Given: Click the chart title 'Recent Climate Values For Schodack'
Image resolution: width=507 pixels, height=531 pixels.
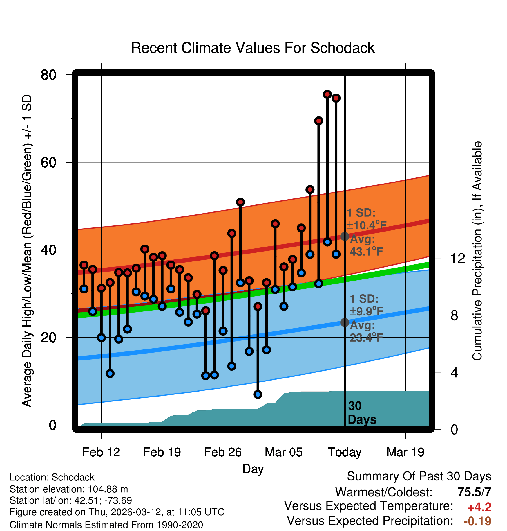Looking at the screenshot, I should point(253,48).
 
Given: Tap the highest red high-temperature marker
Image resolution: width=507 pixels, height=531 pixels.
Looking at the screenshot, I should point(327,94).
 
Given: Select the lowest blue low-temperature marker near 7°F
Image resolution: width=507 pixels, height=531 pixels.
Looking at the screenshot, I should point(258,394).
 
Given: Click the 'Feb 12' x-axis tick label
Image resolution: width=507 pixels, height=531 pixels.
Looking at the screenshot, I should point(101,452).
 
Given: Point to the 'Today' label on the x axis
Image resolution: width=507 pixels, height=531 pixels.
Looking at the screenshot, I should point(345,452).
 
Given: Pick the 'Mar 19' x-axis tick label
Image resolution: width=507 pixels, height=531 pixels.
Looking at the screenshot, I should point(405,452).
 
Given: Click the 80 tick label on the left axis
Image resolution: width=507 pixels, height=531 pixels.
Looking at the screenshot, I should point(48,75).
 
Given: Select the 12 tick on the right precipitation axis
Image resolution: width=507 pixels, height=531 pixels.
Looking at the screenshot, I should point(458,258).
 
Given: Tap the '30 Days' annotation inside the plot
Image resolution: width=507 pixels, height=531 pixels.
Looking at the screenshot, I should point(362,413).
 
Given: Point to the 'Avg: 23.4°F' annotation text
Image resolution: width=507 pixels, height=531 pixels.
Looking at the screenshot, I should point(366,331).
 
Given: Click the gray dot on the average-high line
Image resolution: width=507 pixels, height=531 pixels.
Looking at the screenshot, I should point(345,236).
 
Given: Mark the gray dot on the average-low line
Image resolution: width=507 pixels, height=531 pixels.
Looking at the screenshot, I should point(345,322).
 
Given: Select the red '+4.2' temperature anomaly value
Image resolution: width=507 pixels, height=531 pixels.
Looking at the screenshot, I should point(479,507).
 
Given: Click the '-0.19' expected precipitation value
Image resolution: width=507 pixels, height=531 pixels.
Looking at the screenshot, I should point(477,521).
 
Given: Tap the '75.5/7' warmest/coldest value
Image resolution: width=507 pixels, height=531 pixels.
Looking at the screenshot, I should point(474,492).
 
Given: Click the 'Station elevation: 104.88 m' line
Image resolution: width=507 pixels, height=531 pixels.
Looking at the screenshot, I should point(69,489).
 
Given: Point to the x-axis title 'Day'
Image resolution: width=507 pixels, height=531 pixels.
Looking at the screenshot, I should point(253,469).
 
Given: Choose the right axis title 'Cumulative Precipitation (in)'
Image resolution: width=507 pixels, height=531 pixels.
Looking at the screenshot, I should point(477,251).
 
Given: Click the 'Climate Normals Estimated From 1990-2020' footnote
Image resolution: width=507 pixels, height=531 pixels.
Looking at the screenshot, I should point(106,525).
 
